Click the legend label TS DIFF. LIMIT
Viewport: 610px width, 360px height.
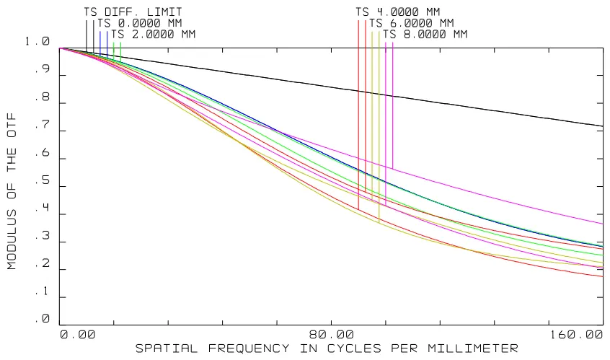point(133,12)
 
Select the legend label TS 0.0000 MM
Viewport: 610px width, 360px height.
point(140,23)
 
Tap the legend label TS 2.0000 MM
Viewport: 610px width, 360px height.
point(154,35)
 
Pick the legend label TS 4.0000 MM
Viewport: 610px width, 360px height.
point(398,12)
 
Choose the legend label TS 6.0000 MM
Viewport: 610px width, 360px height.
point(412,23)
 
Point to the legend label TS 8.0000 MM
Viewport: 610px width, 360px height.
point(425,35)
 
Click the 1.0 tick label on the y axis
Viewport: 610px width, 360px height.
point(37,41)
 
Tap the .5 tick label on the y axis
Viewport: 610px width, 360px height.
point(43,180)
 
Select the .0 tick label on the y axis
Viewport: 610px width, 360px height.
point(43,319)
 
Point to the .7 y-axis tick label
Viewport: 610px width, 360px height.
point(43,125)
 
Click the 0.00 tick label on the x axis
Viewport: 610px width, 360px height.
point(78,335)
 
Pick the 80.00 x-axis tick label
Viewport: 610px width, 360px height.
point(332,335)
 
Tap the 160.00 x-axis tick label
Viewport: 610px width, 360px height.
point(576,335)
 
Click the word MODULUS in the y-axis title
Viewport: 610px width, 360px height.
point(12,240)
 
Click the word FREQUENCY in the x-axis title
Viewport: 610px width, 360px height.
point(249,348)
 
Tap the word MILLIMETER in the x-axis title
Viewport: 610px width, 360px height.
point(473,348)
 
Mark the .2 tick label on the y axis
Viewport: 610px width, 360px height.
point(43,263)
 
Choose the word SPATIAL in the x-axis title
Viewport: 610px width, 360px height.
point(167,348)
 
